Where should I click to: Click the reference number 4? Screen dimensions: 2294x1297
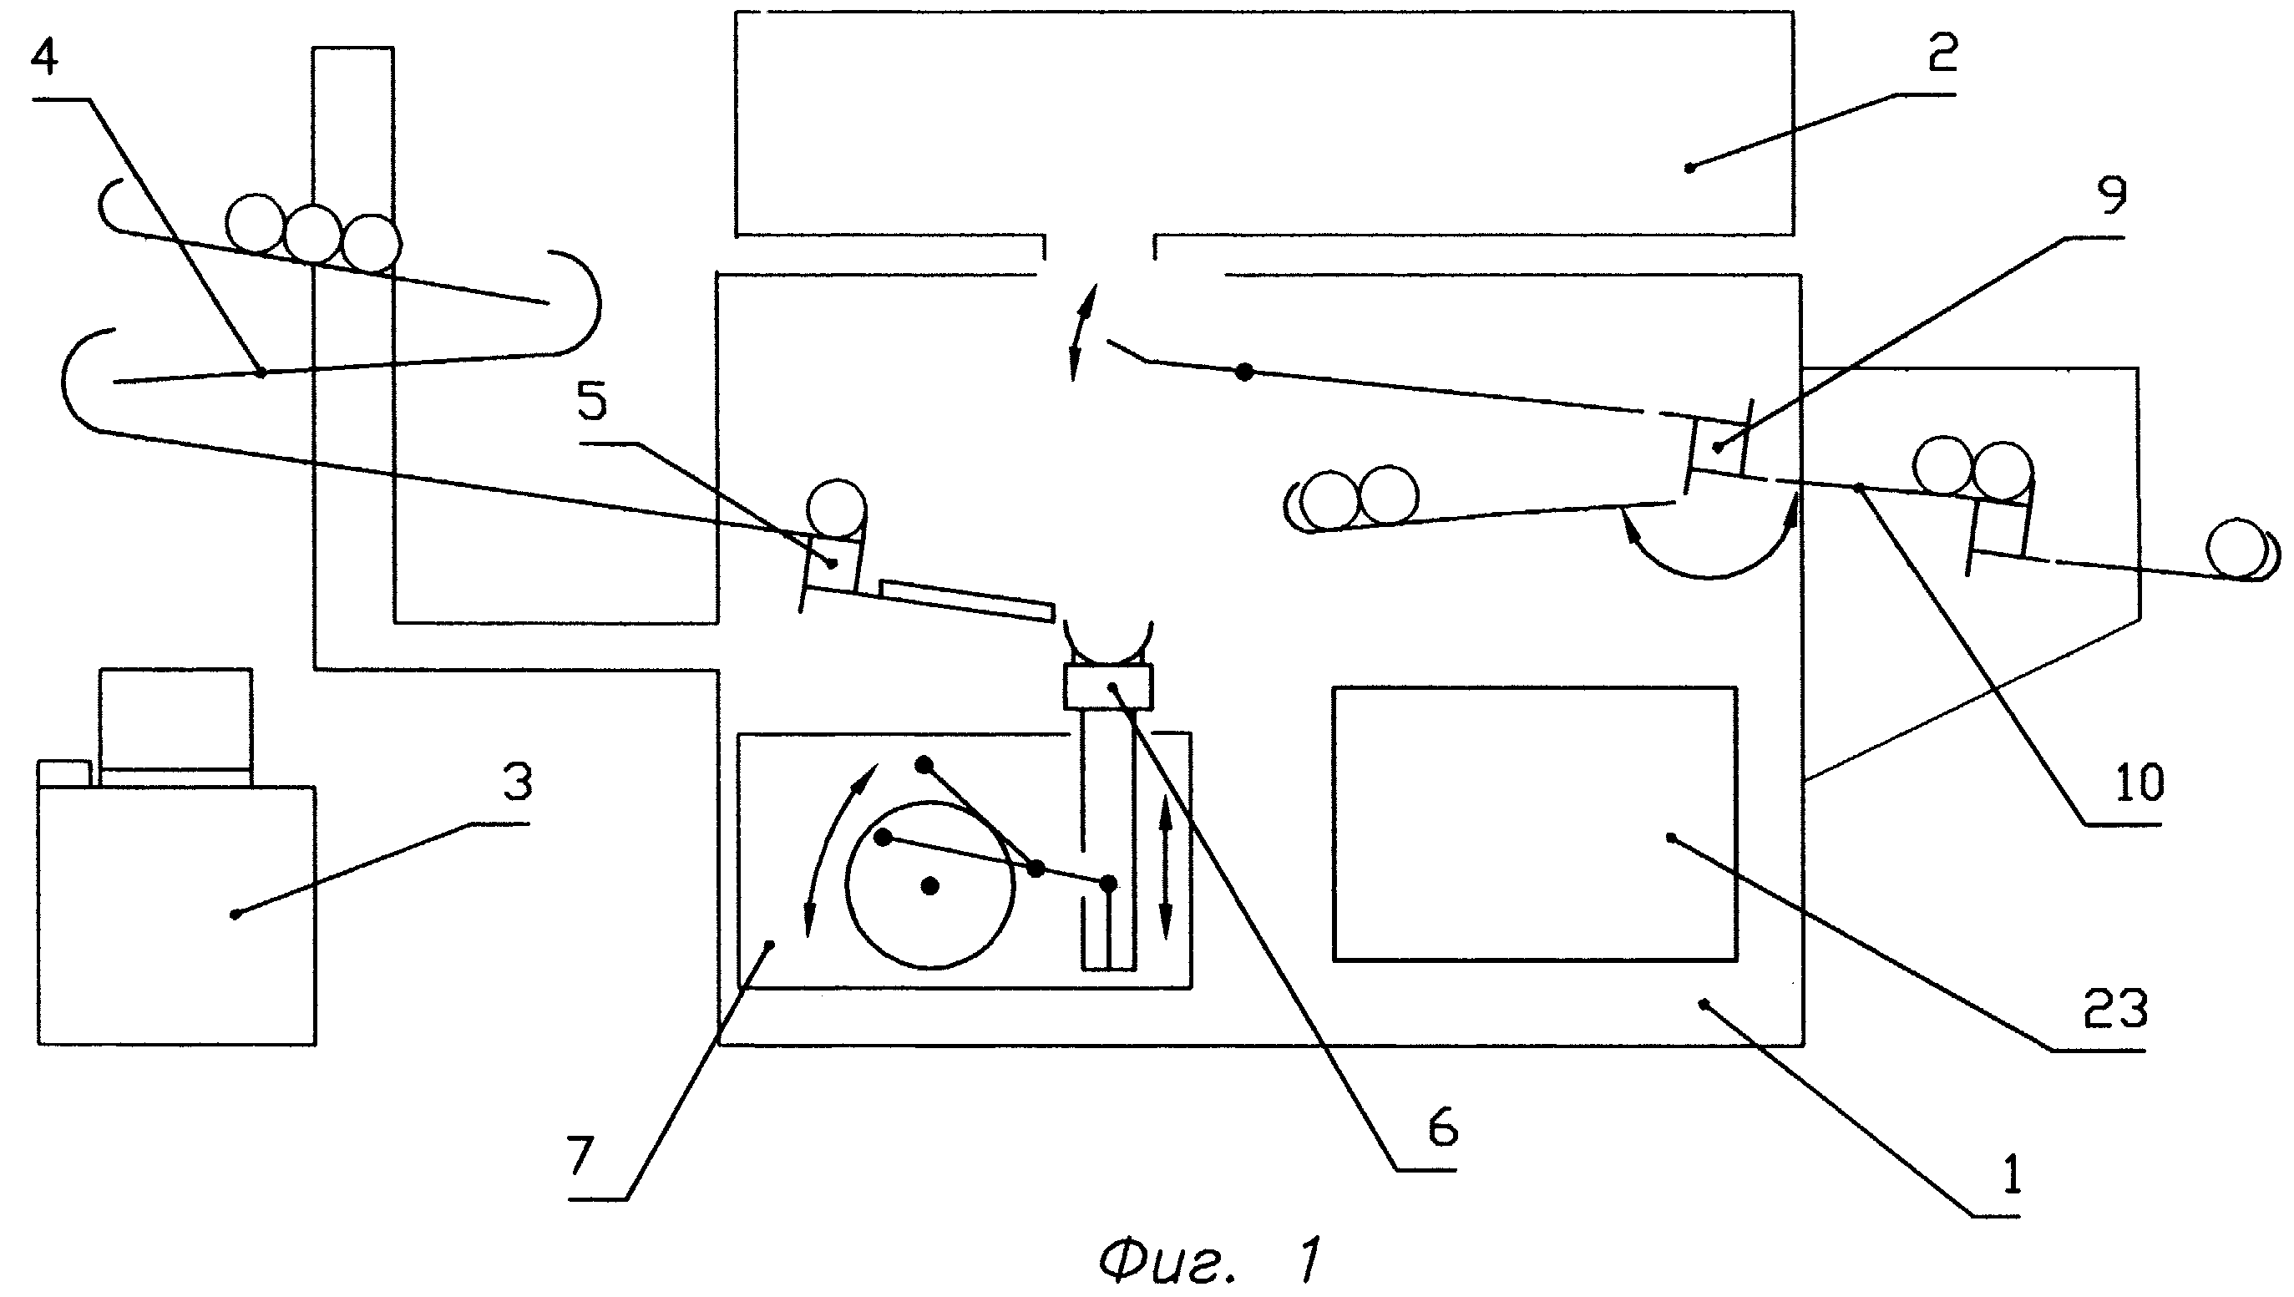44,58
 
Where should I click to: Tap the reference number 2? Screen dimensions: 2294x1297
1942,53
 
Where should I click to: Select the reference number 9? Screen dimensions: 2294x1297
2112,195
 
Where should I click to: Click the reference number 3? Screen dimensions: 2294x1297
518,781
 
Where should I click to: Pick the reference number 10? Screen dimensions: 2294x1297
2139,783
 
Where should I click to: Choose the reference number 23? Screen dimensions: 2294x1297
2115,1011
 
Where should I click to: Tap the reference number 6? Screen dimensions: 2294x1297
1443,1127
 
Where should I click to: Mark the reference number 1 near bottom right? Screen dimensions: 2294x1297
2011,1173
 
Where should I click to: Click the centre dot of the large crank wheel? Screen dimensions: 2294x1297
929,885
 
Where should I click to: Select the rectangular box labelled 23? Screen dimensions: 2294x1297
1534,824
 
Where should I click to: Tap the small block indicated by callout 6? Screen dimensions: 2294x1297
1108,686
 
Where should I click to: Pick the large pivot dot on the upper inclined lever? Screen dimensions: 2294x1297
1245,372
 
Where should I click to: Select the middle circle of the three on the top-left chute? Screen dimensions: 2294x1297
313,233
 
